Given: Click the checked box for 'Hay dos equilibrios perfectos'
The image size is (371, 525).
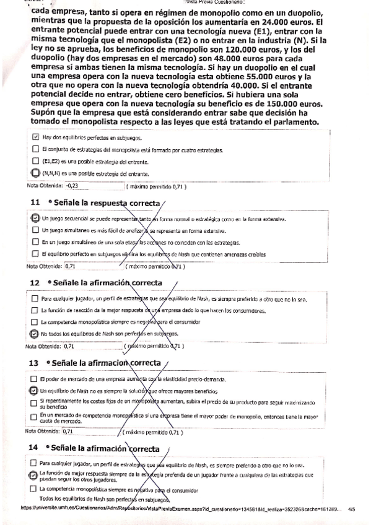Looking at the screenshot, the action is tap(35, 137).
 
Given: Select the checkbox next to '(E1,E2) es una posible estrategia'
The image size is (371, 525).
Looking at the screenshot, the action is tap(35, 161).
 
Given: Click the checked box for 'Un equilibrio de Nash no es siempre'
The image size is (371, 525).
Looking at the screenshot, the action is tap(35, 391).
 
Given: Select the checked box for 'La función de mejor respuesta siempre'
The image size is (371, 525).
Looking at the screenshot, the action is tap(35, 475).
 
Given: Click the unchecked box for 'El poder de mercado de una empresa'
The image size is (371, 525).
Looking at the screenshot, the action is tap(35, 379).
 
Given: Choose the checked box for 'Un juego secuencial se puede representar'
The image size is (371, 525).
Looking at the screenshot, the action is tap(35, 219).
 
